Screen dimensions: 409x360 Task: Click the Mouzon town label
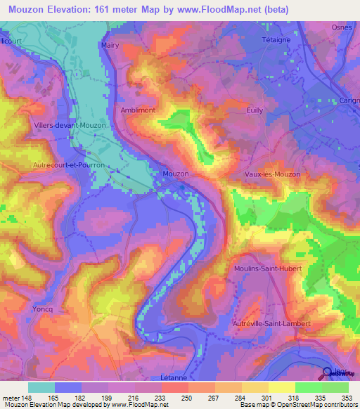(175, 173)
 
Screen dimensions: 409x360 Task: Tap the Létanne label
(173, 377)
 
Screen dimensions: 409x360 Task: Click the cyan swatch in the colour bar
(41, 387)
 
